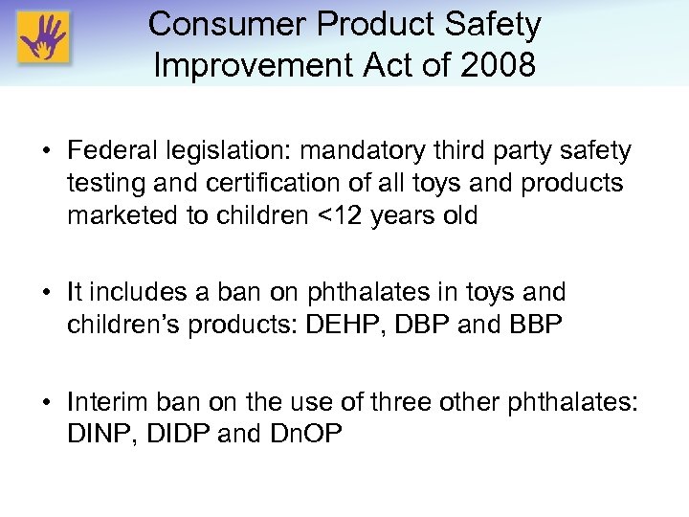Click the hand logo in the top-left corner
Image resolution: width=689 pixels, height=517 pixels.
42,38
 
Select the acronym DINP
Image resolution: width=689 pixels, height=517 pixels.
99,433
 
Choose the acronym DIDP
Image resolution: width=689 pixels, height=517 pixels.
175,433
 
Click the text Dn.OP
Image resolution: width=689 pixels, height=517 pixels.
304,433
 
